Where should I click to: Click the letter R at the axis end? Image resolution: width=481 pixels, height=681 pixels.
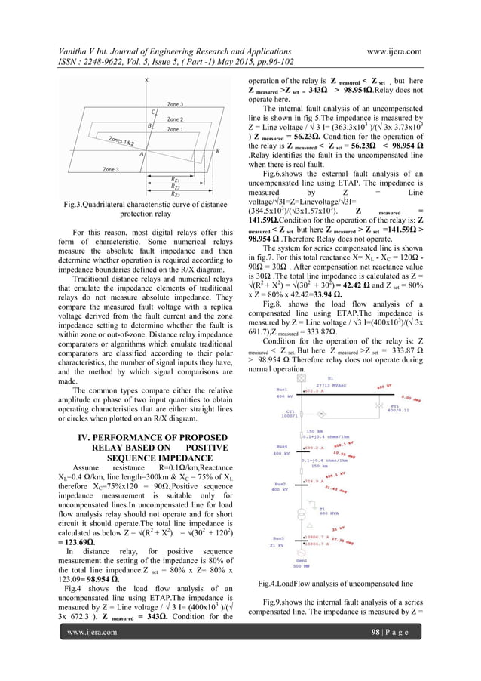[218, 151]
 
